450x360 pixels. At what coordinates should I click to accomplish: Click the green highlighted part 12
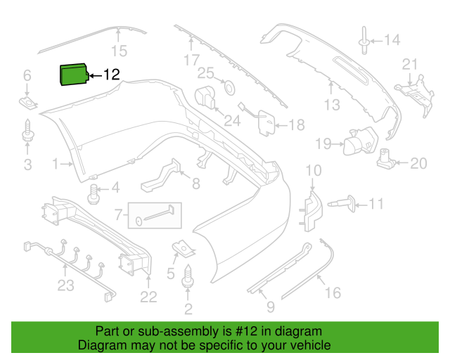tap(74, 75)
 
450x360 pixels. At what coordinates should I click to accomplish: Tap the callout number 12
tap(111, 75)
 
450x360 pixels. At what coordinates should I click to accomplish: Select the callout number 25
tap(205, 73)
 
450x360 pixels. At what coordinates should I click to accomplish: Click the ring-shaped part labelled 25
tap(230, 88)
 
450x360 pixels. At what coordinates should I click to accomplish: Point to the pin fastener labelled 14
tap(364, 40)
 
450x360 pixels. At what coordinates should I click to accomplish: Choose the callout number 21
tap(409, 64)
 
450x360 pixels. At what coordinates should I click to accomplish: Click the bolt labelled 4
tap(94, 194)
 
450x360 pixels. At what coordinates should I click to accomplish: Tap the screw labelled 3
tap(28, 131)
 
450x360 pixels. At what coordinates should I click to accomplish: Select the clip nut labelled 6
tap(28, 103)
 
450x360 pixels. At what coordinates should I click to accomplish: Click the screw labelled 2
tap(188, 276)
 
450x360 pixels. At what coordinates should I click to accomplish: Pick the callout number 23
tap(65, 285)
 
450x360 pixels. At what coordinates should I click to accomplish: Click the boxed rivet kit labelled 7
tap(155, 215)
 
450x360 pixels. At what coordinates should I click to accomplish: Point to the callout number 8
tap(195, 184)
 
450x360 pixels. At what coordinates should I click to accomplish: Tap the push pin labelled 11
tap(342, 204)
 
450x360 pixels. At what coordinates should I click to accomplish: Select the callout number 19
tap(323, 143)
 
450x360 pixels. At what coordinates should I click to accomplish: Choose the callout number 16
tap(333, 292)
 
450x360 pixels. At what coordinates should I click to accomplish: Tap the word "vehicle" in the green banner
tap(314, 345)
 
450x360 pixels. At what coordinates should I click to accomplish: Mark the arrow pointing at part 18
tap(281, 125)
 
